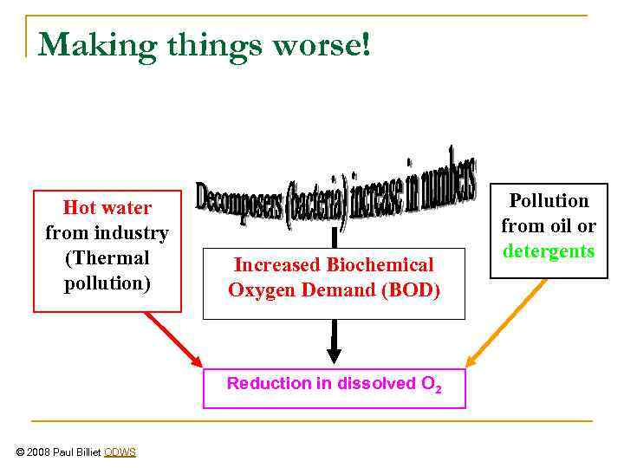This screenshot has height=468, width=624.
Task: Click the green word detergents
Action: point(549,251)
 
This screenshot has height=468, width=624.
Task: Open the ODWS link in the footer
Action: point(120,452)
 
